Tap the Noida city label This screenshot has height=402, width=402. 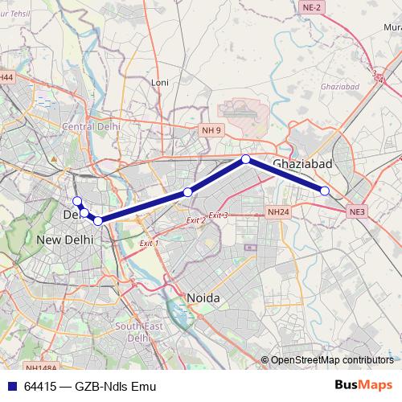[203, 297]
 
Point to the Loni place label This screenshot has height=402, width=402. [159, 81]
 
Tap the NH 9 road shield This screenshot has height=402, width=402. [211, 128]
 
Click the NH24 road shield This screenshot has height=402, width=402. [277, 212]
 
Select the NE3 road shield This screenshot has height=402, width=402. [357, 211]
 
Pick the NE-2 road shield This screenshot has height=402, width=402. [313, 6]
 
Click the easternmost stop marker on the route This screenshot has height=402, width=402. [325, 191]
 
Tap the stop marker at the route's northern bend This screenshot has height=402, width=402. [246, 159]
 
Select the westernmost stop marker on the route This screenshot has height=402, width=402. [77, 201]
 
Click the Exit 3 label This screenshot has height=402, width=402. [218, 215]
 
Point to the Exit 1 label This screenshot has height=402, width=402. [149, 242]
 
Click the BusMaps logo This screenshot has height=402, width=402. [363, 386]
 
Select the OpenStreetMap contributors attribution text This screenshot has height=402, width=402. [331, 359]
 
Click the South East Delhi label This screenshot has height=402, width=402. [138, 332]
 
